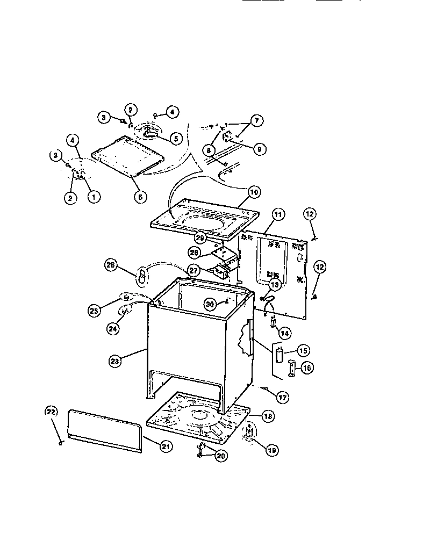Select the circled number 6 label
(139, 197)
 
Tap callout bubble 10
(253, 191)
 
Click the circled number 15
(303, 351)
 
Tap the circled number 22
(51, 412)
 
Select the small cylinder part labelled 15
(280, 356)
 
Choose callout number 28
(193, 253)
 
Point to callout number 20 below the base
(220, 455)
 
